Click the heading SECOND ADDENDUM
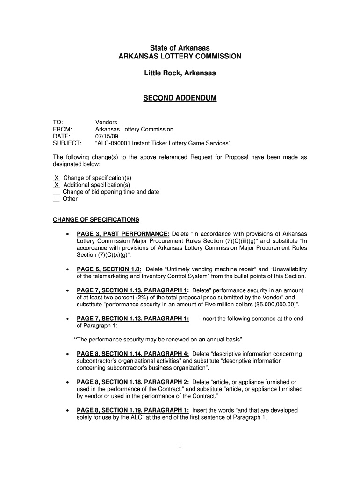[180, 98]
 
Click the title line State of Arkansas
[180, 48]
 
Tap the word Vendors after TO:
[106, 122]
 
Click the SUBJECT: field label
[67, 143]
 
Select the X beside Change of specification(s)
[57, 178]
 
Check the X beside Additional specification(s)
[57, 185]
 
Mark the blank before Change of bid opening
[57, 192]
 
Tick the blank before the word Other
[57, 199]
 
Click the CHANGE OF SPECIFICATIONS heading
[96, 219]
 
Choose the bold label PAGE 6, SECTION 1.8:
[109, 269]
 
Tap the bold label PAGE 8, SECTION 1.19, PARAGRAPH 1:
[133, 410]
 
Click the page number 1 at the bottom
[180, 445]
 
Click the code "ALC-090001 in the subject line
[115, 143]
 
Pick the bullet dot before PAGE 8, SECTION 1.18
[69, 382]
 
